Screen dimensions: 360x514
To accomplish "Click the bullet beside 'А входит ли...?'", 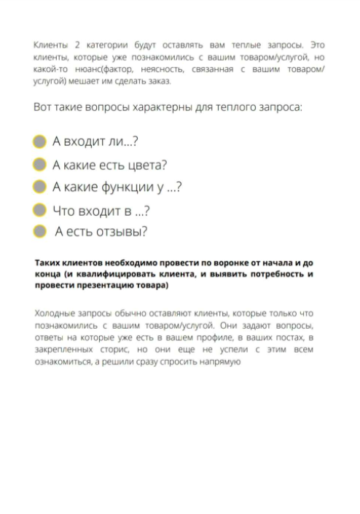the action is pyautogui.click(x=41, y=141).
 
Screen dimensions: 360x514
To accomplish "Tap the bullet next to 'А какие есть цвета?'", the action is pyautogui.click(x=41, y=164).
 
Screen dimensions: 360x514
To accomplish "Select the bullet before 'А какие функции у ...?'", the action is pyautogui.click(x=41, y=187).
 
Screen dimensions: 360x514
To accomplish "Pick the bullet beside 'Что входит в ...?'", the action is pyautogui.click(x=41, y=210).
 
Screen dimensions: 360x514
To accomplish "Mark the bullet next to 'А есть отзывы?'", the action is pyautogui.click(x=41, y=232).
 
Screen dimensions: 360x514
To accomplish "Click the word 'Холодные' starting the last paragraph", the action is pyautogui.click(x=55, y=314).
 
